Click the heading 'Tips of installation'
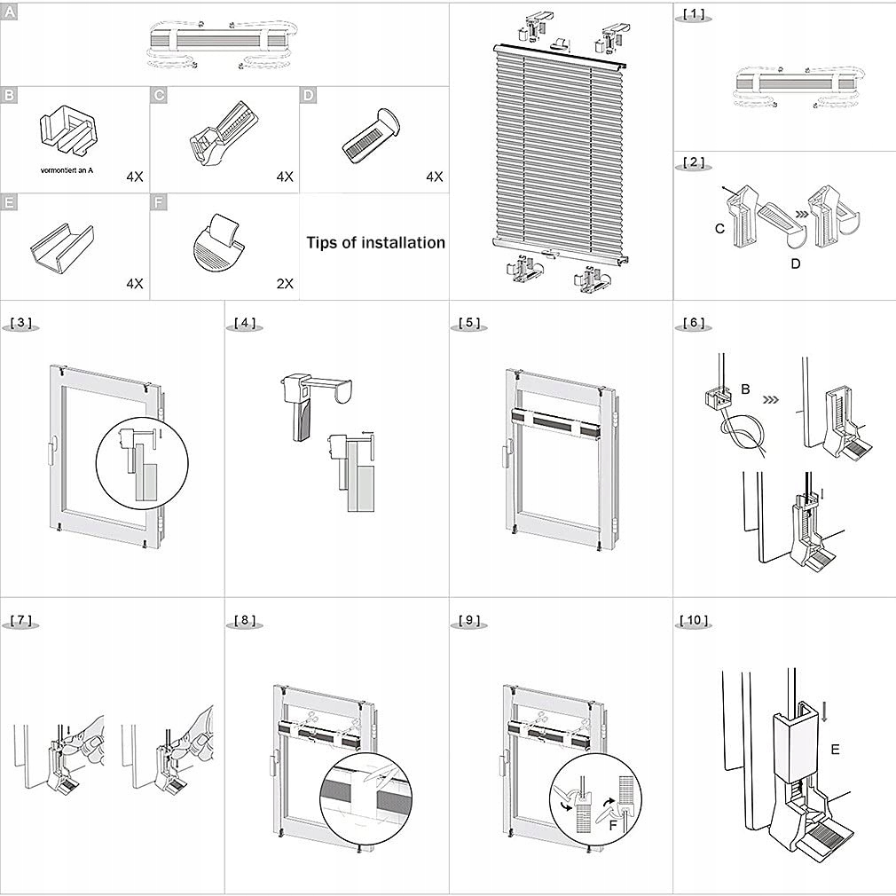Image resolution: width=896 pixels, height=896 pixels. (375, 242)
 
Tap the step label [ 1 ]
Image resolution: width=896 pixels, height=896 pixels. (693, 14)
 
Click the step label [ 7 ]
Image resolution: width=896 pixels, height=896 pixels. (22, 620)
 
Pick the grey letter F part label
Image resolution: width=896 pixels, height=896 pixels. (159, 203)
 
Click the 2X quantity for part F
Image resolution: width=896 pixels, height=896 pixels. (284, 284)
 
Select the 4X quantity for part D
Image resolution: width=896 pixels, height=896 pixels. (434, 177)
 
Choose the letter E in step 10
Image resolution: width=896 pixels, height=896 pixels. (835, 749)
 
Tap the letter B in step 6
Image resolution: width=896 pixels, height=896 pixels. (745, 389)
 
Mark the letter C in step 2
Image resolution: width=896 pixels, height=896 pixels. (720, 228)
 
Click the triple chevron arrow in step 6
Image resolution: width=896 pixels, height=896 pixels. (773, 398)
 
